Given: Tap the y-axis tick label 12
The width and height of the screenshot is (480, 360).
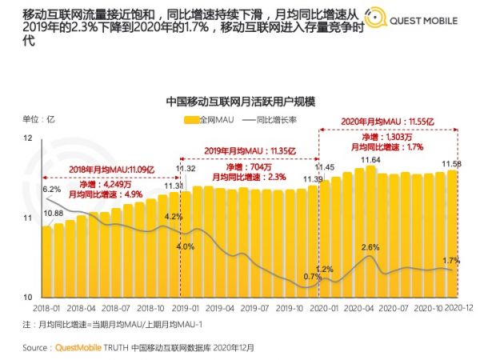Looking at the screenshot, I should (29, 139).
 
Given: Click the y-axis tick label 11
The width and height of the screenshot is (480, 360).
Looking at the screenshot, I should (29, 218).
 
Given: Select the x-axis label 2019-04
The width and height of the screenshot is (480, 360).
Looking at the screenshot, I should (220, 307).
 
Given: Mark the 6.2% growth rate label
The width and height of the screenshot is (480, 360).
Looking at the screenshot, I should (52, 189).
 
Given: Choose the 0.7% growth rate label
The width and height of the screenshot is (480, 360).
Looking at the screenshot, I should (312, 277).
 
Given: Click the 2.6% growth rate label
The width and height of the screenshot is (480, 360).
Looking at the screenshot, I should (370, 247).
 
